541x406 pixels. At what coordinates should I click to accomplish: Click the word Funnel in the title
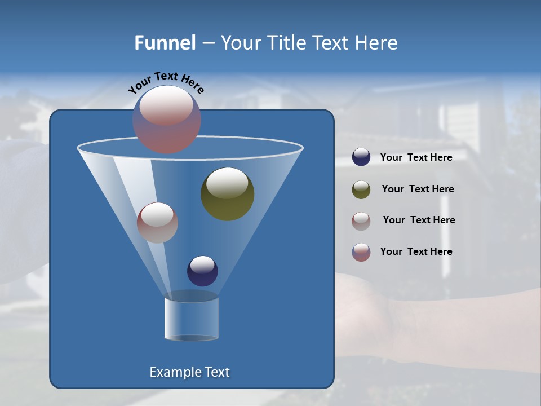pos(165,43)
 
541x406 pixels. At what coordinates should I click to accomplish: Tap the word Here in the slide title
pos(376,43)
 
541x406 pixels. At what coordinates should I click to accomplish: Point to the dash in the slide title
pos(208,43)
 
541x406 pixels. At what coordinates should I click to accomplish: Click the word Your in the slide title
pos(242,43)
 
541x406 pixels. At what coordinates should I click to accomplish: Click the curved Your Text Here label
pos(166,83)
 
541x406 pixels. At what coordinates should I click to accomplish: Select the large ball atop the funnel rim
pos(167,120)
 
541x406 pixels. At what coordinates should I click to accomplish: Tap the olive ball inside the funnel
pos(227,194)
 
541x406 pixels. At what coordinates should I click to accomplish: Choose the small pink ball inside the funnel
pos(157,223)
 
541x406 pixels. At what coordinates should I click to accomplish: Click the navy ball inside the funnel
pos(202,271)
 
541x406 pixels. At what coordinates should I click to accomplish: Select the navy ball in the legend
pos(361,157)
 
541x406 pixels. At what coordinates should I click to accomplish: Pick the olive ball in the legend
pos(361,189)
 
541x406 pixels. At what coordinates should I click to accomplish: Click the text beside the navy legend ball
pos(416,158)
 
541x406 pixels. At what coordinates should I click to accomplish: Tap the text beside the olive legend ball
pos(418,189)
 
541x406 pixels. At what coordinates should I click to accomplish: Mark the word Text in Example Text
pos(217,372)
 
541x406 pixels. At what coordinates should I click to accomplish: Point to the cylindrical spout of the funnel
pos(192,319)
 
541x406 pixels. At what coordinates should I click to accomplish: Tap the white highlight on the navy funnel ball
pos(202,264)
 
